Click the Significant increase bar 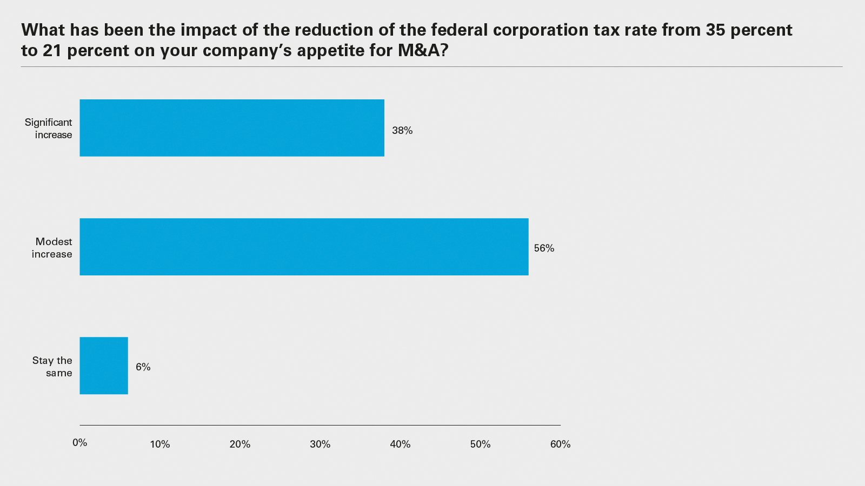coord(232,128)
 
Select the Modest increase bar coord(304,247)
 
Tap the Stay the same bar coord(104,366)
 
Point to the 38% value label coord(402,131)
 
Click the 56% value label coord(544,248)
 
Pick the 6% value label coord(143,367)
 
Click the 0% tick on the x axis coord(80,443)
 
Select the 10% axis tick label coord(160,444)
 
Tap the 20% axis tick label coord(240,444)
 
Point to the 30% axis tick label coord(320,444)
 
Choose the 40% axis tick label coord(400,444)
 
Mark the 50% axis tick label coord(480,444)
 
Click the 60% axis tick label coord(560,444)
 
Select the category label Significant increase coord(49,129)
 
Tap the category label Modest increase coord(52,248)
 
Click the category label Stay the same coord(52,367)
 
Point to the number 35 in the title coord(715,30)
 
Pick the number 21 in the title coord(53,51)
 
